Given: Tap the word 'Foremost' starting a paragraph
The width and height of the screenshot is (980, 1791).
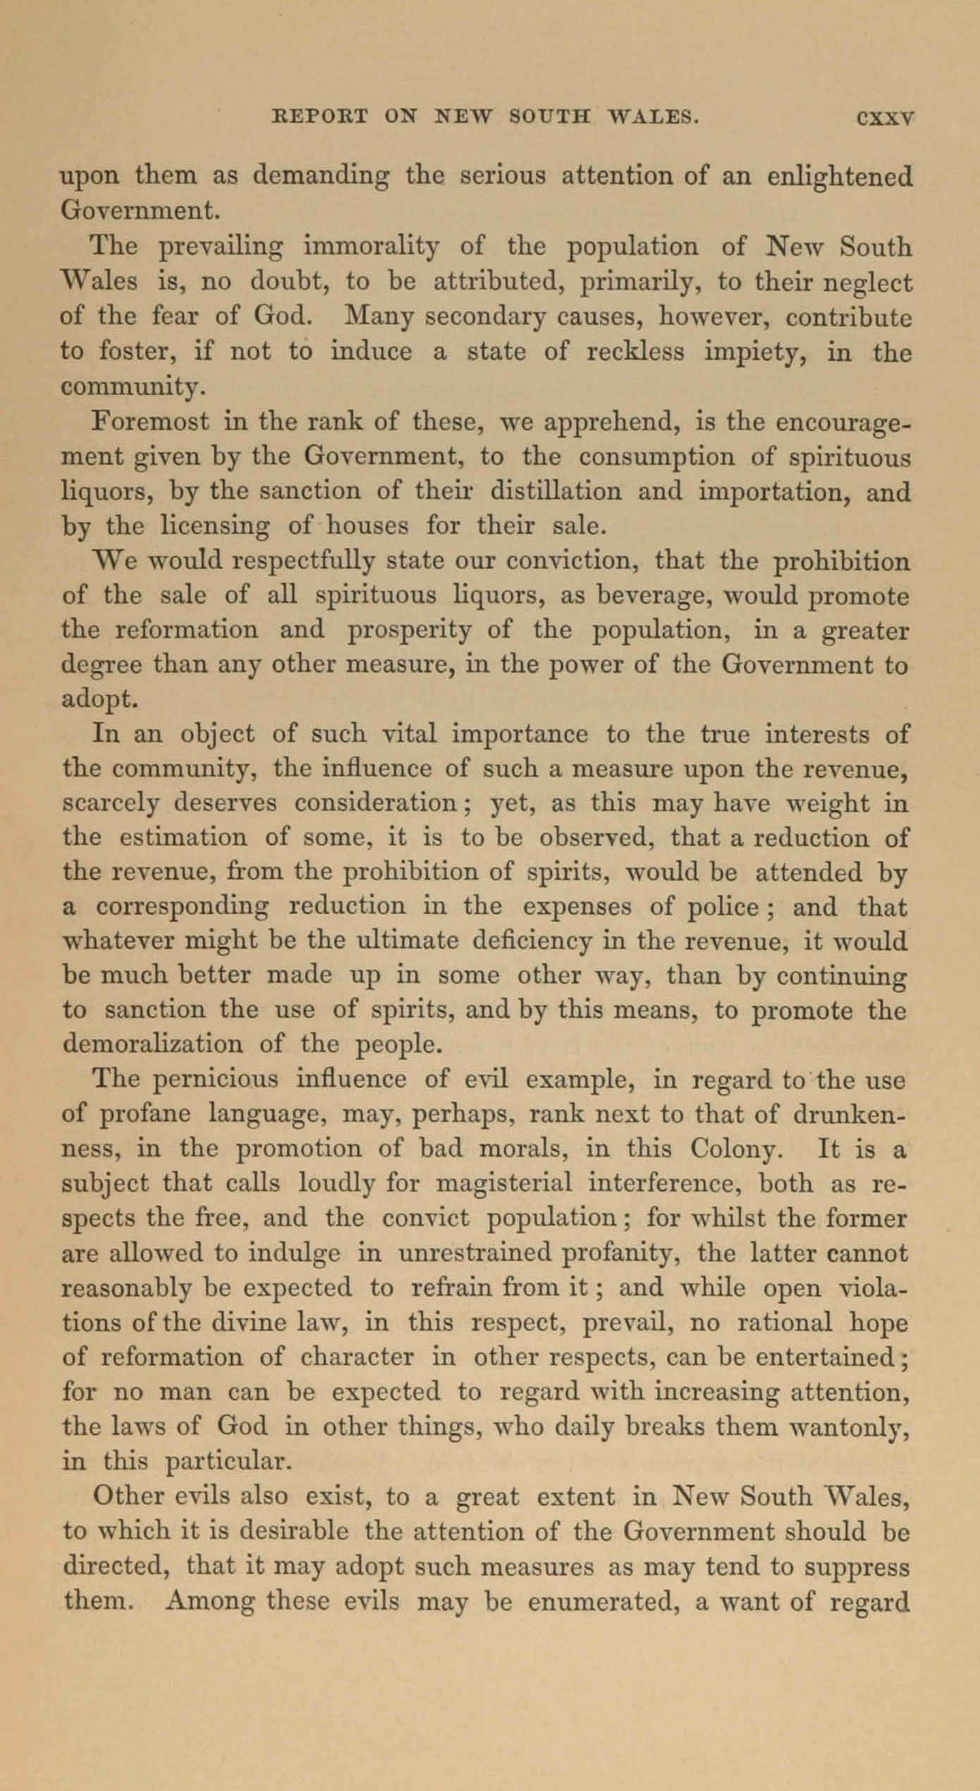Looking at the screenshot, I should point(150,422).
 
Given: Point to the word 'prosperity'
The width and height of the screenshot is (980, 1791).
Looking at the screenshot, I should point(410,630).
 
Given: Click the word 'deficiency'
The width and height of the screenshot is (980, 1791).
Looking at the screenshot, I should point(532,942).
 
